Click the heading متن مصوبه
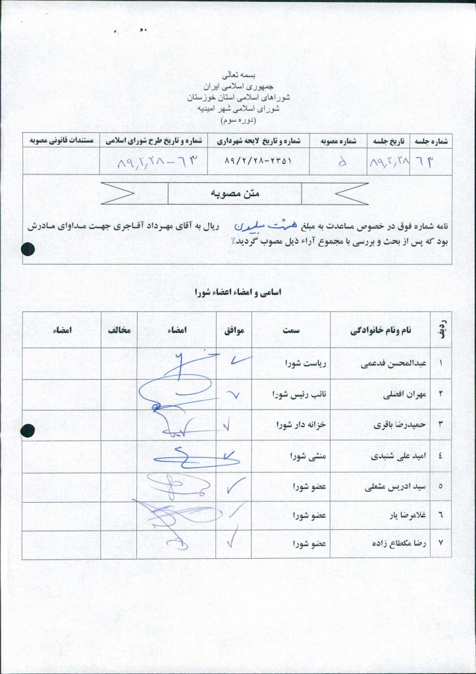(234, 194)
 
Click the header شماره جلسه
(433, 141)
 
